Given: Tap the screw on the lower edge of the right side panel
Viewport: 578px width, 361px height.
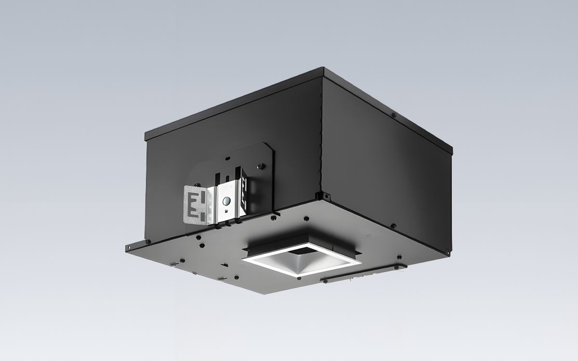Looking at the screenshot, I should [x=394, y=225].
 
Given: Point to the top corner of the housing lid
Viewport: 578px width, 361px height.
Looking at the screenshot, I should [x=323, y=69].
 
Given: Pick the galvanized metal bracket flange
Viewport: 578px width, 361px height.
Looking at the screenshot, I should [x=197, y=205].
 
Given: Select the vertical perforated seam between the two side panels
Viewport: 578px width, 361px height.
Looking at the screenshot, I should [x=321, y=135].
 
